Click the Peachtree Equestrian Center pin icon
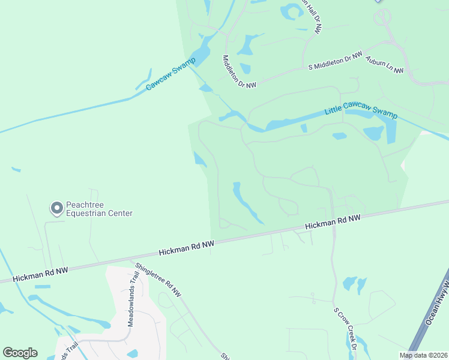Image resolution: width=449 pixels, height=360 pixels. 57,208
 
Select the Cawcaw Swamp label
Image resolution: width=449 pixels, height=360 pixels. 167,79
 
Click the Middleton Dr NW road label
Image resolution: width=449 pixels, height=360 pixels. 239,72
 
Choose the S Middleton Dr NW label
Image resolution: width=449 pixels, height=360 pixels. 335,61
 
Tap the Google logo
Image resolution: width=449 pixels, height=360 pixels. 20,353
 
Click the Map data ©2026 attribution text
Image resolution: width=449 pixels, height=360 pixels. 423,355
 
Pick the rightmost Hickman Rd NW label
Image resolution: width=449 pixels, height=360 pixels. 333,222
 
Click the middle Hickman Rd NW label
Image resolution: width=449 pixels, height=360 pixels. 186,247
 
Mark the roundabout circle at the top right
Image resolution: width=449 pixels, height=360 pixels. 382,17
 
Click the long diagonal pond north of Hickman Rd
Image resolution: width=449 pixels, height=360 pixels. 246,202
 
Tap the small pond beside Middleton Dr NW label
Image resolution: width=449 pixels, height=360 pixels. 246,68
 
